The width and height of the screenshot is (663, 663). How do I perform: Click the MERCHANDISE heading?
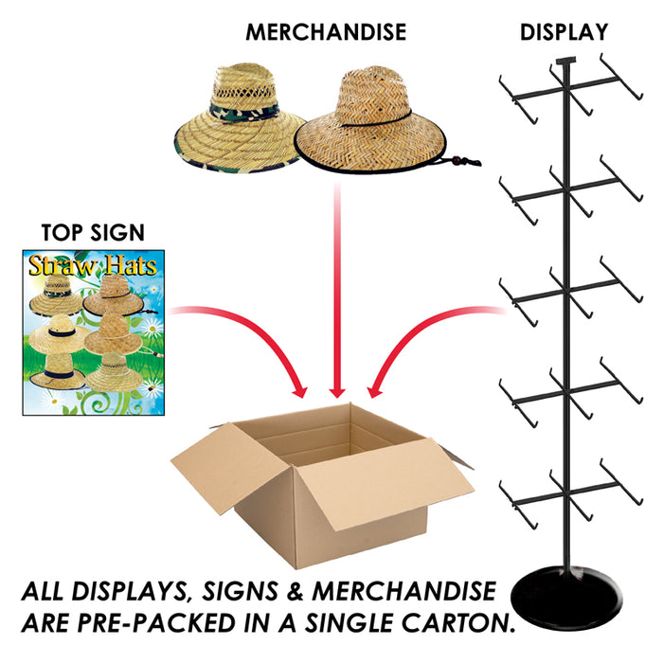[325, 32]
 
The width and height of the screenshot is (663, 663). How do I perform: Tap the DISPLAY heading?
[564, 32]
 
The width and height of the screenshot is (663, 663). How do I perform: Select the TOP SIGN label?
[93, 233]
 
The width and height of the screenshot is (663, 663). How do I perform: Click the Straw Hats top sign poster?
[93, 331]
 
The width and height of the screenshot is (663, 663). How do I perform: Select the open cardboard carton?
[322, 483]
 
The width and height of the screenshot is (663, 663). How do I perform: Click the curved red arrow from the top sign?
[246, 336]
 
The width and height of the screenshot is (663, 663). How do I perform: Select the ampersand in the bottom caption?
[308, 594]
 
